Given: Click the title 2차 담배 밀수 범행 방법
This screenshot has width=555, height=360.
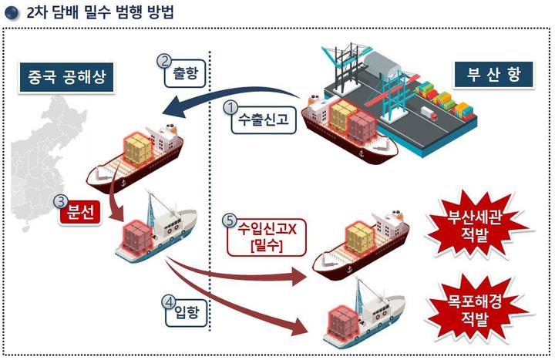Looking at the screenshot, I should [x=97, y=12].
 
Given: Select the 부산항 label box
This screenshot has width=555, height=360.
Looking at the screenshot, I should [x=493, y=75].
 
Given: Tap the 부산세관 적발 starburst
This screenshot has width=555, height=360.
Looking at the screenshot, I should [x=482, y=223].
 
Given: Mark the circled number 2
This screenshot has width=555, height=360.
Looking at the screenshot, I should [x=163, y=61].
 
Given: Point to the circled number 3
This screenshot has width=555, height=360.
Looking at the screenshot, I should [x=60, y=201].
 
